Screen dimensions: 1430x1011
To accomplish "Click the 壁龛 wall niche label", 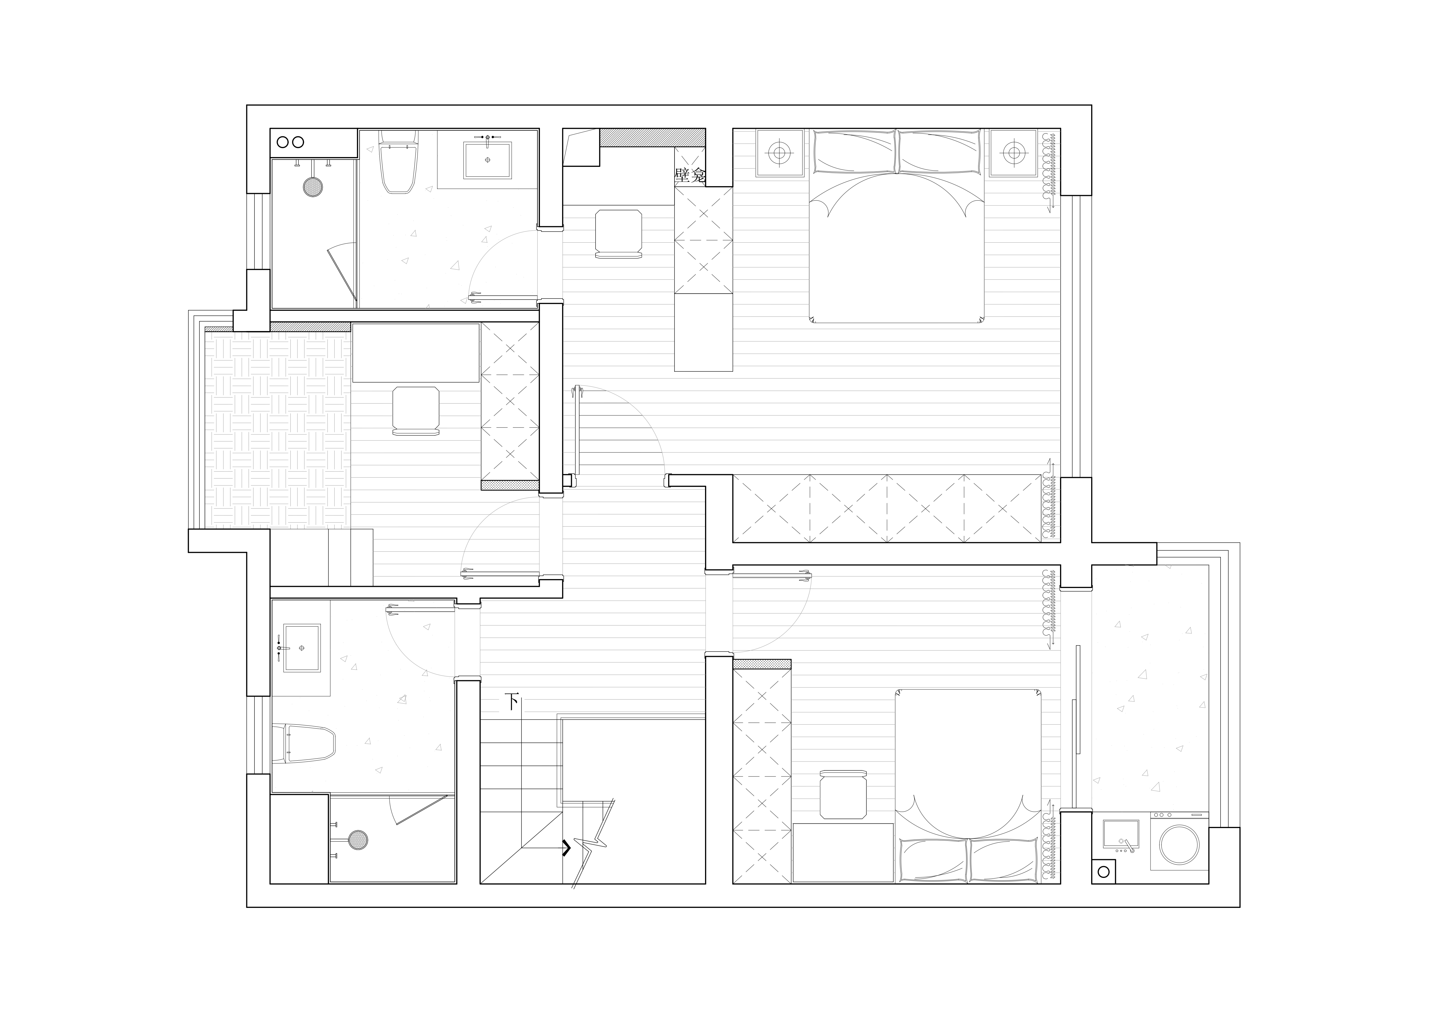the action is [690, 175].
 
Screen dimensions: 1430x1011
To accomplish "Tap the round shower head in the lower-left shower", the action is [358, 840].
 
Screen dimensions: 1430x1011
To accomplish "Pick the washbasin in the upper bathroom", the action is [487, 160].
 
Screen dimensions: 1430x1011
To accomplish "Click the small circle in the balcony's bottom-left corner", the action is [1104, 872].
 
